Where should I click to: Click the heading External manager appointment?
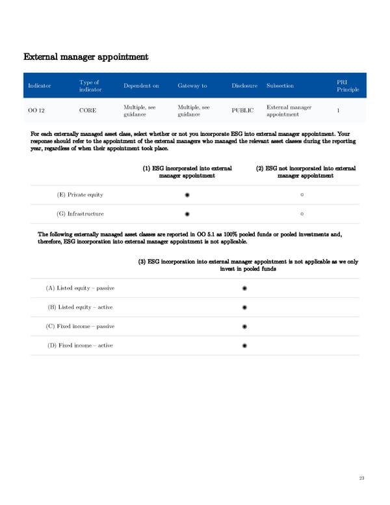click(x=86, y=57)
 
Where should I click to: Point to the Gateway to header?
click(x=192, y=86)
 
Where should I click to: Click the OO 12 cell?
click(x=36, y=111)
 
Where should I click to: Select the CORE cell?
click(x=88, y=111)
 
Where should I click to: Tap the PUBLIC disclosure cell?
click(x=242, y=111)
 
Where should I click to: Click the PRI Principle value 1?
click(x=339, y=111)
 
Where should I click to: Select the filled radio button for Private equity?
click(x=187, y=195)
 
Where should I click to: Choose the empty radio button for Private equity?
click(x=303, y=195)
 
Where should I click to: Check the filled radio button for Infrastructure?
click(x=187, y=213)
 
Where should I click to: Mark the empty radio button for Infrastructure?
click(x=303, y=213)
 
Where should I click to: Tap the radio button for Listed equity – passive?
click(x=244, y=288)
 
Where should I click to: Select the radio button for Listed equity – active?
click(x=244, y=307)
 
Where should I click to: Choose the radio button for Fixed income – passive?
click(x=244, y=326)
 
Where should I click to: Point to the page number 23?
click(x=361, y=478)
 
